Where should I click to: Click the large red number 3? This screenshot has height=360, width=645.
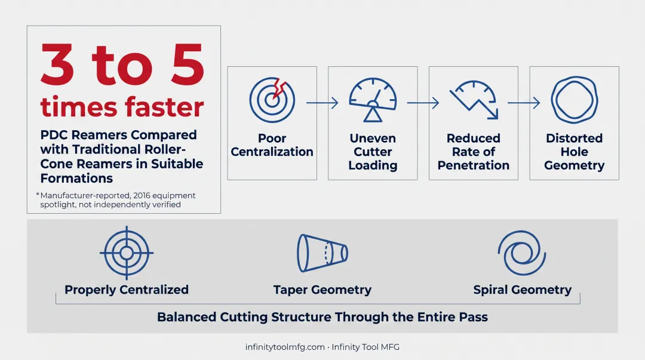[x=57, y=64]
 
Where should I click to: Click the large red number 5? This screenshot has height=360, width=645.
[x=188, y=64]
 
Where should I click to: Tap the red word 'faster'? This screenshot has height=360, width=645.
[x=165, y=107]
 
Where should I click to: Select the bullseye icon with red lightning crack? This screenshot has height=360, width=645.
[x=272, y=100]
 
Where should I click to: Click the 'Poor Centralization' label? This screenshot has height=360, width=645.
[x=272, y=145]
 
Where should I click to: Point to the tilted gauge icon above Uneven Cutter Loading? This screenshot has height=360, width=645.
[x=373, y=100]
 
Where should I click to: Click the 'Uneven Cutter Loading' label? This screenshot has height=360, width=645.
[x=373, y=152]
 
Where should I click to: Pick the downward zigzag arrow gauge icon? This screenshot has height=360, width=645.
[x=474, y=100]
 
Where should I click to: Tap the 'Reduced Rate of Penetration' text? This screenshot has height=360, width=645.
[x=474, y=152]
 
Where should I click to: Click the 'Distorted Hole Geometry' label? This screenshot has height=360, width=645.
[x=575, y=152]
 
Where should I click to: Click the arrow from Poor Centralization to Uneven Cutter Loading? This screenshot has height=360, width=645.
[x=322, y=103]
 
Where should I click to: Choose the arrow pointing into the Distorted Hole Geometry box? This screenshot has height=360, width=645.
[x=524, y=103]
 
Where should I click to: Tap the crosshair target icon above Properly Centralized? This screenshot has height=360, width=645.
[x=127, y=253]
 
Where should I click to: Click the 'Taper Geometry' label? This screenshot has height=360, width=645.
[x=322, y=290]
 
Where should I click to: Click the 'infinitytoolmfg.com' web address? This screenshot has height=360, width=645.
[x=285, y=347]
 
